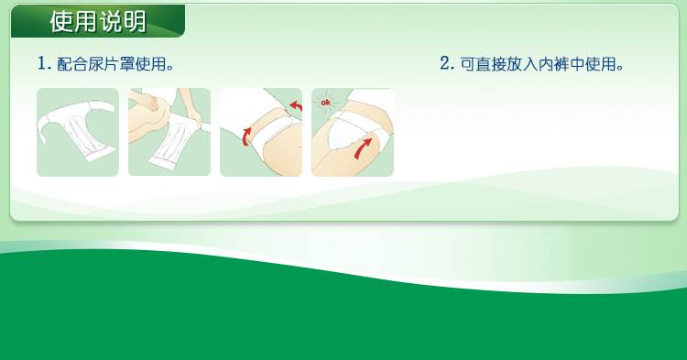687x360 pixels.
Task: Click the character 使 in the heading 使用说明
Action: [60, 21]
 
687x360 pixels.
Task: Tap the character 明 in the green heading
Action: [135, 21]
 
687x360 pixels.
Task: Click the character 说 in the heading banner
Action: [111, 21]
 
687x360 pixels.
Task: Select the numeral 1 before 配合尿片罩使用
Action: [41, 64]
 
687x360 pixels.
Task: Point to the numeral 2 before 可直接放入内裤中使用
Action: [445, 64]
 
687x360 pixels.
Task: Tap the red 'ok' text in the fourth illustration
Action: [325, 103]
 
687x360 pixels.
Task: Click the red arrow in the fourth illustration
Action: [363, 148]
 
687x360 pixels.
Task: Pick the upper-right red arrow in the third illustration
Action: [297, 105]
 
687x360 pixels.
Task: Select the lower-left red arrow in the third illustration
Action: [246, 136]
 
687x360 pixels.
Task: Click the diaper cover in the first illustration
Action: [77, 128]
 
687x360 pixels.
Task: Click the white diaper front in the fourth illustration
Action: [346, 131]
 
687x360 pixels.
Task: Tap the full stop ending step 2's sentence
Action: [620, 69]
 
